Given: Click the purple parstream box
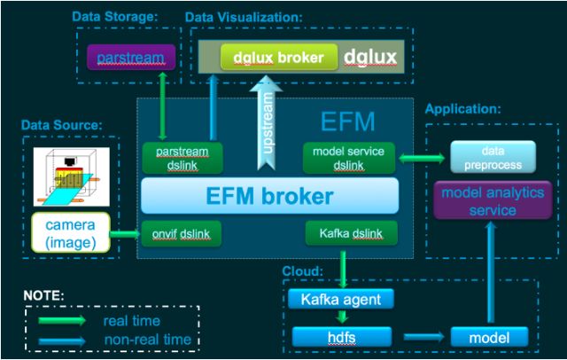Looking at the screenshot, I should click(130, 58).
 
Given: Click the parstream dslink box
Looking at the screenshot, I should click(182, 158).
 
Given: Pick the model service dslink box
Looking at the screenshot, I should click(348, 158).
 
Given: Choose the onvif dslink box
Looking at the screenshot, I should click(182, 234).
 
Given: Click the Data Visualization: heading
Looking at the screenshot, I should click(242, 17).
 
